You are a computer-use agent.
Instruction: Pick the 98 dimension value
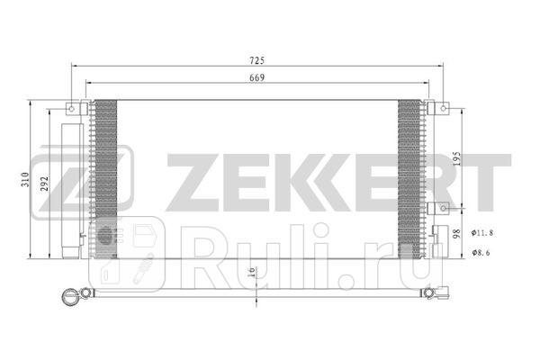(459, 232)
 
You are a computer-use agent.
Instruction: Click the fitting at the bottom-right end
(445, 292)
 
